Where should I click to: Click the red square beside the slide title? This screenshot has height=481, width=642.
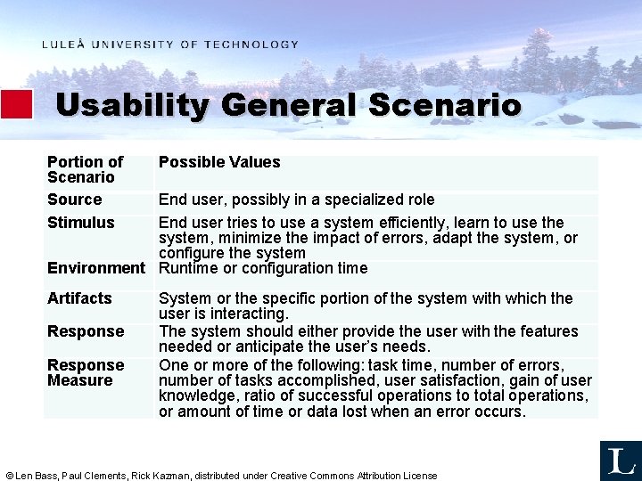point(16,104)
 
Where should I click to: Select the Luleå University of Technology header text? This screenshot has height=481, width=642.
point(169,45)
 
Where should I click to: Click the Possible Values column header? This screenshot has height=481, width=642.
point(219,162)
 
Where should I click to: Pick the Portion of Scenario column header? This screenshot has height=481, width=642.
point(85,169)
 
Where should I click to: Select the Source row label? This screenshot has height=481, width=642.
point(74,200)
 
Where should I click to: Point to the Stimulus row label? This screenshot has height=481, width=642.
point(80,223)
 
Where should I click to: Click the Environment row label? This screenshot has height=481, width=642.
point(95,268)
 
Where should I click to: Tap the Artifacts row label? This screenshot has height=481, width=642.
point(79,298)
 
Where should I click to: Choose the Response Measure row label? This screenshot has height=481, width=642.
point(85,372)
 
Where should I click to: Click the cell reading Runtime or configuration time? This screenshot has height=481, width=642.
point(262,268)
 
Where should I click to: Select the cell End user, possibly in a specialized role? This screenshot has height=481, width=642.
point(296,200)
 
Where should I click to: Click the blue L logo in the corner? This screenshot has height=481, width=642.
point(620,461)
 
